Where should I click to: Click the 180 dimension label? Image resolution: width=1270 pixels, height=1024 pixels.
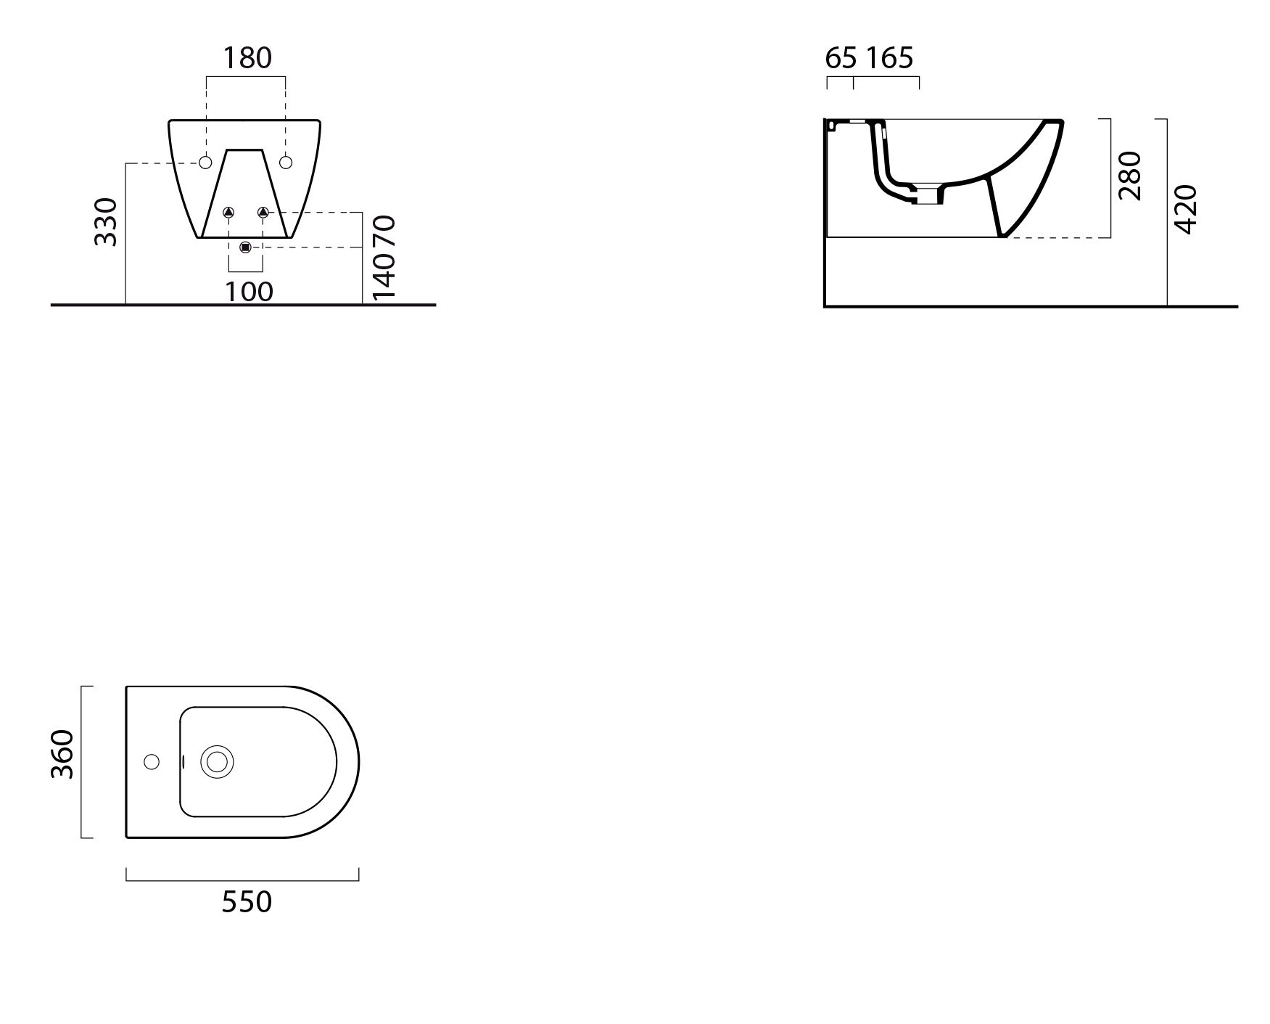247,58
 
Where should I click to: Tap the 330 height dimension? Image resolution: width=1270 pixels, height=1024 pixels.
107,221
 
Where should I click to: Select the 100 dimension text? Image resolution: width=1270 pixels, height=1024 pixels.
249,292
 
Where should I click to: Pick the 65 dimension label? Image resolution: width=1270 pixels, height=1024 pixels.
841,58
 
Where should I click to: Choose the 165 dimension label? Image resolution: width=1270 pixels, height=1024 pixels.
890,58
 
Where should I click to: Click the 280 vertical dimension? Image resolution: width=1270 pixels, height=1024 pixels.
1130,176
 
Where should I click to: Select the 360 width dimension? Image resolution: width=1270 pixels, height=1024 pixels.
63,754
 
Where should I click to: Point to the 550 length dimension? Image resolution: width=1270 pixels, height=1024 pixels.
247,902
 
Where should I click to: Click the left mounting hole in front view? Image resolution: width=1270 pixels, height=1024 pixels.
205,163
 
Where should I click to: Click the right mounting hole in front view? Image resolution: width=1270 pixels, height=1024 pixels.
286,163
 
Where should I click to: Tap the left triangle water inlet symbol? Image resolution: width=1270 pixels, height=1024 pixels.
228,212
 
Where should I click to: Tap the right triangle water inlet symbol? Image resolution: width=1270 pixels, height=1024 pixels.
263,212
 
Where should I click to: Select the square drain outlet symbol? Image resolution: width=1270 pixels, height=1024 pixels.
245,247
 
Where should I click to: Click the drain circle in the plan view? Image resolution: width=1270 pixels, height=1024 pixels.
217,762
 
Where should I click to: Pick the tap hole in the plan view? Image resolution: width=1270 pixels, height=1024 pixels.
152,762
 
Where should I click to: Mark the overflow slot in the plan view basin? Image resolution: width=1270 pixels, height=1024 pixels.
184,762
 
